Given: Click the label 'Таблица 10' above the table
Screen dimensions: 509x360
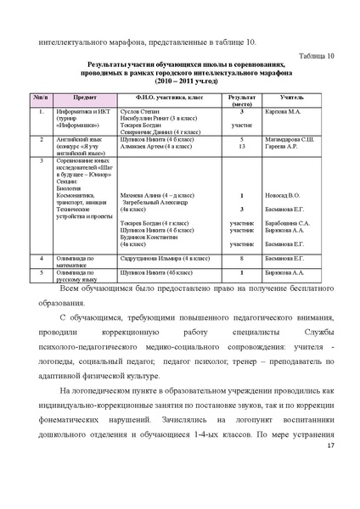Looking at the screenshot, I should (316, 55).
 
